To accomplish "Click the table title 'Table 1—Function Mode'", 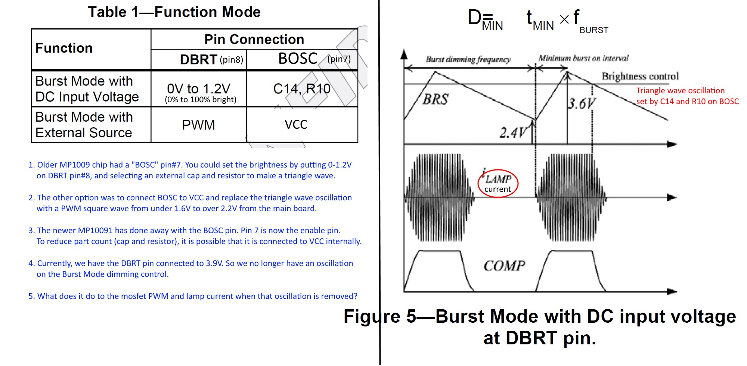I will [174, 12].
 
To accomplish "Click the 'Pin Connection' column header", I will [254, 39].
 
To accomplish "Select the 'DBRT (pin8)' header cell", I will [211, 59].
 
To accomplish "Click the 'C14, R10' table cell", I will [302, 89].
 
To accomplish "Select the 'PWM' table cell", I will [198, 125].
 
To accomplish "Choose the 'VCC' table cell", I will [296, 125].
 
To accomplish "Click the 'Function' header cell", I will [64, 48].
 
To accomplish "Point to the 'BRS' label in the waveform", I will [436, 99].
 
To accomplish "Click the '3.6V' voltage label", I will [582, 103].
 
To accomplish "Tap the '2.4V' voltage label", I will [513, 132].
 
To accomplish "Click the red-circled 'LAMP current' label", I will [498, 183].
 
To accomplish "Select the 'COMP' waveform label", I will [504, 266].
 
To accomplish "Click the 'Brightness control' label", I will [640, 76].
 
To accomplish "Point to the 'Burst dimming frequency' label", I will [468, 59].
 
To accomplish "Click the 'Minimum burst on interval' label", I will [583, 58].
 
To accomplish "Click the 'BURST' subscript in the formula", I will [593, 30].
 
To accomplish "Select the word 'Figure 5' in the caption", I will [379, 316].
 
